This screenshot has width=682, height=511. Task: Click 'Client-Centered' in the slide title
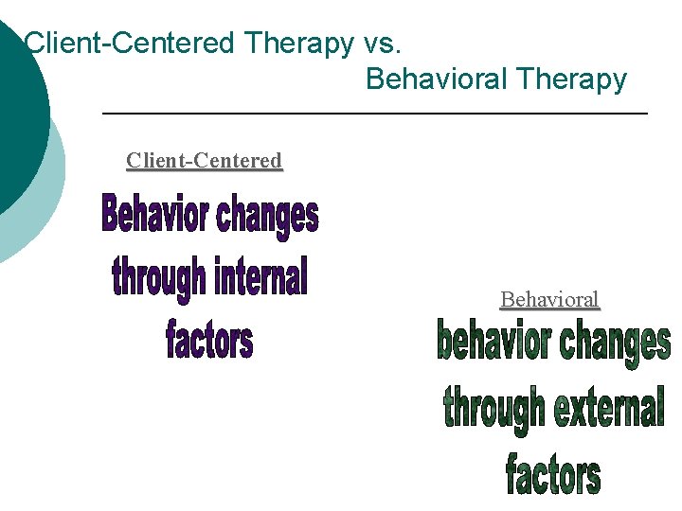coord(130,43)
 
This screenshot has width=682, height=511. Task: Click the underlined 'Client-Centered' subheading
coord(204,161)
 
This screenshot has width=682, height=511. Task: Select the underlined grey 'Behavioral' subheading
coord(549,300)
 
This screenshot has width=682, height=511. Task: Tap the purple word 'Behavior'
coord(155,216)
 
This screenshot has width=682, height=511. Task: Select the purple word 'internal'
coord(260,277)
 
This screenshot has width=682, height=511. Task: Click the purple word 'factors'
coord(209,340)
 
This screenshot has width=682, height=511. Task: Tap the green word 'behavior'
coord(493,343)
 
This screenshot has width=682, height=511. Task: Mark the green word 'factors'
coord(552,473)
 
